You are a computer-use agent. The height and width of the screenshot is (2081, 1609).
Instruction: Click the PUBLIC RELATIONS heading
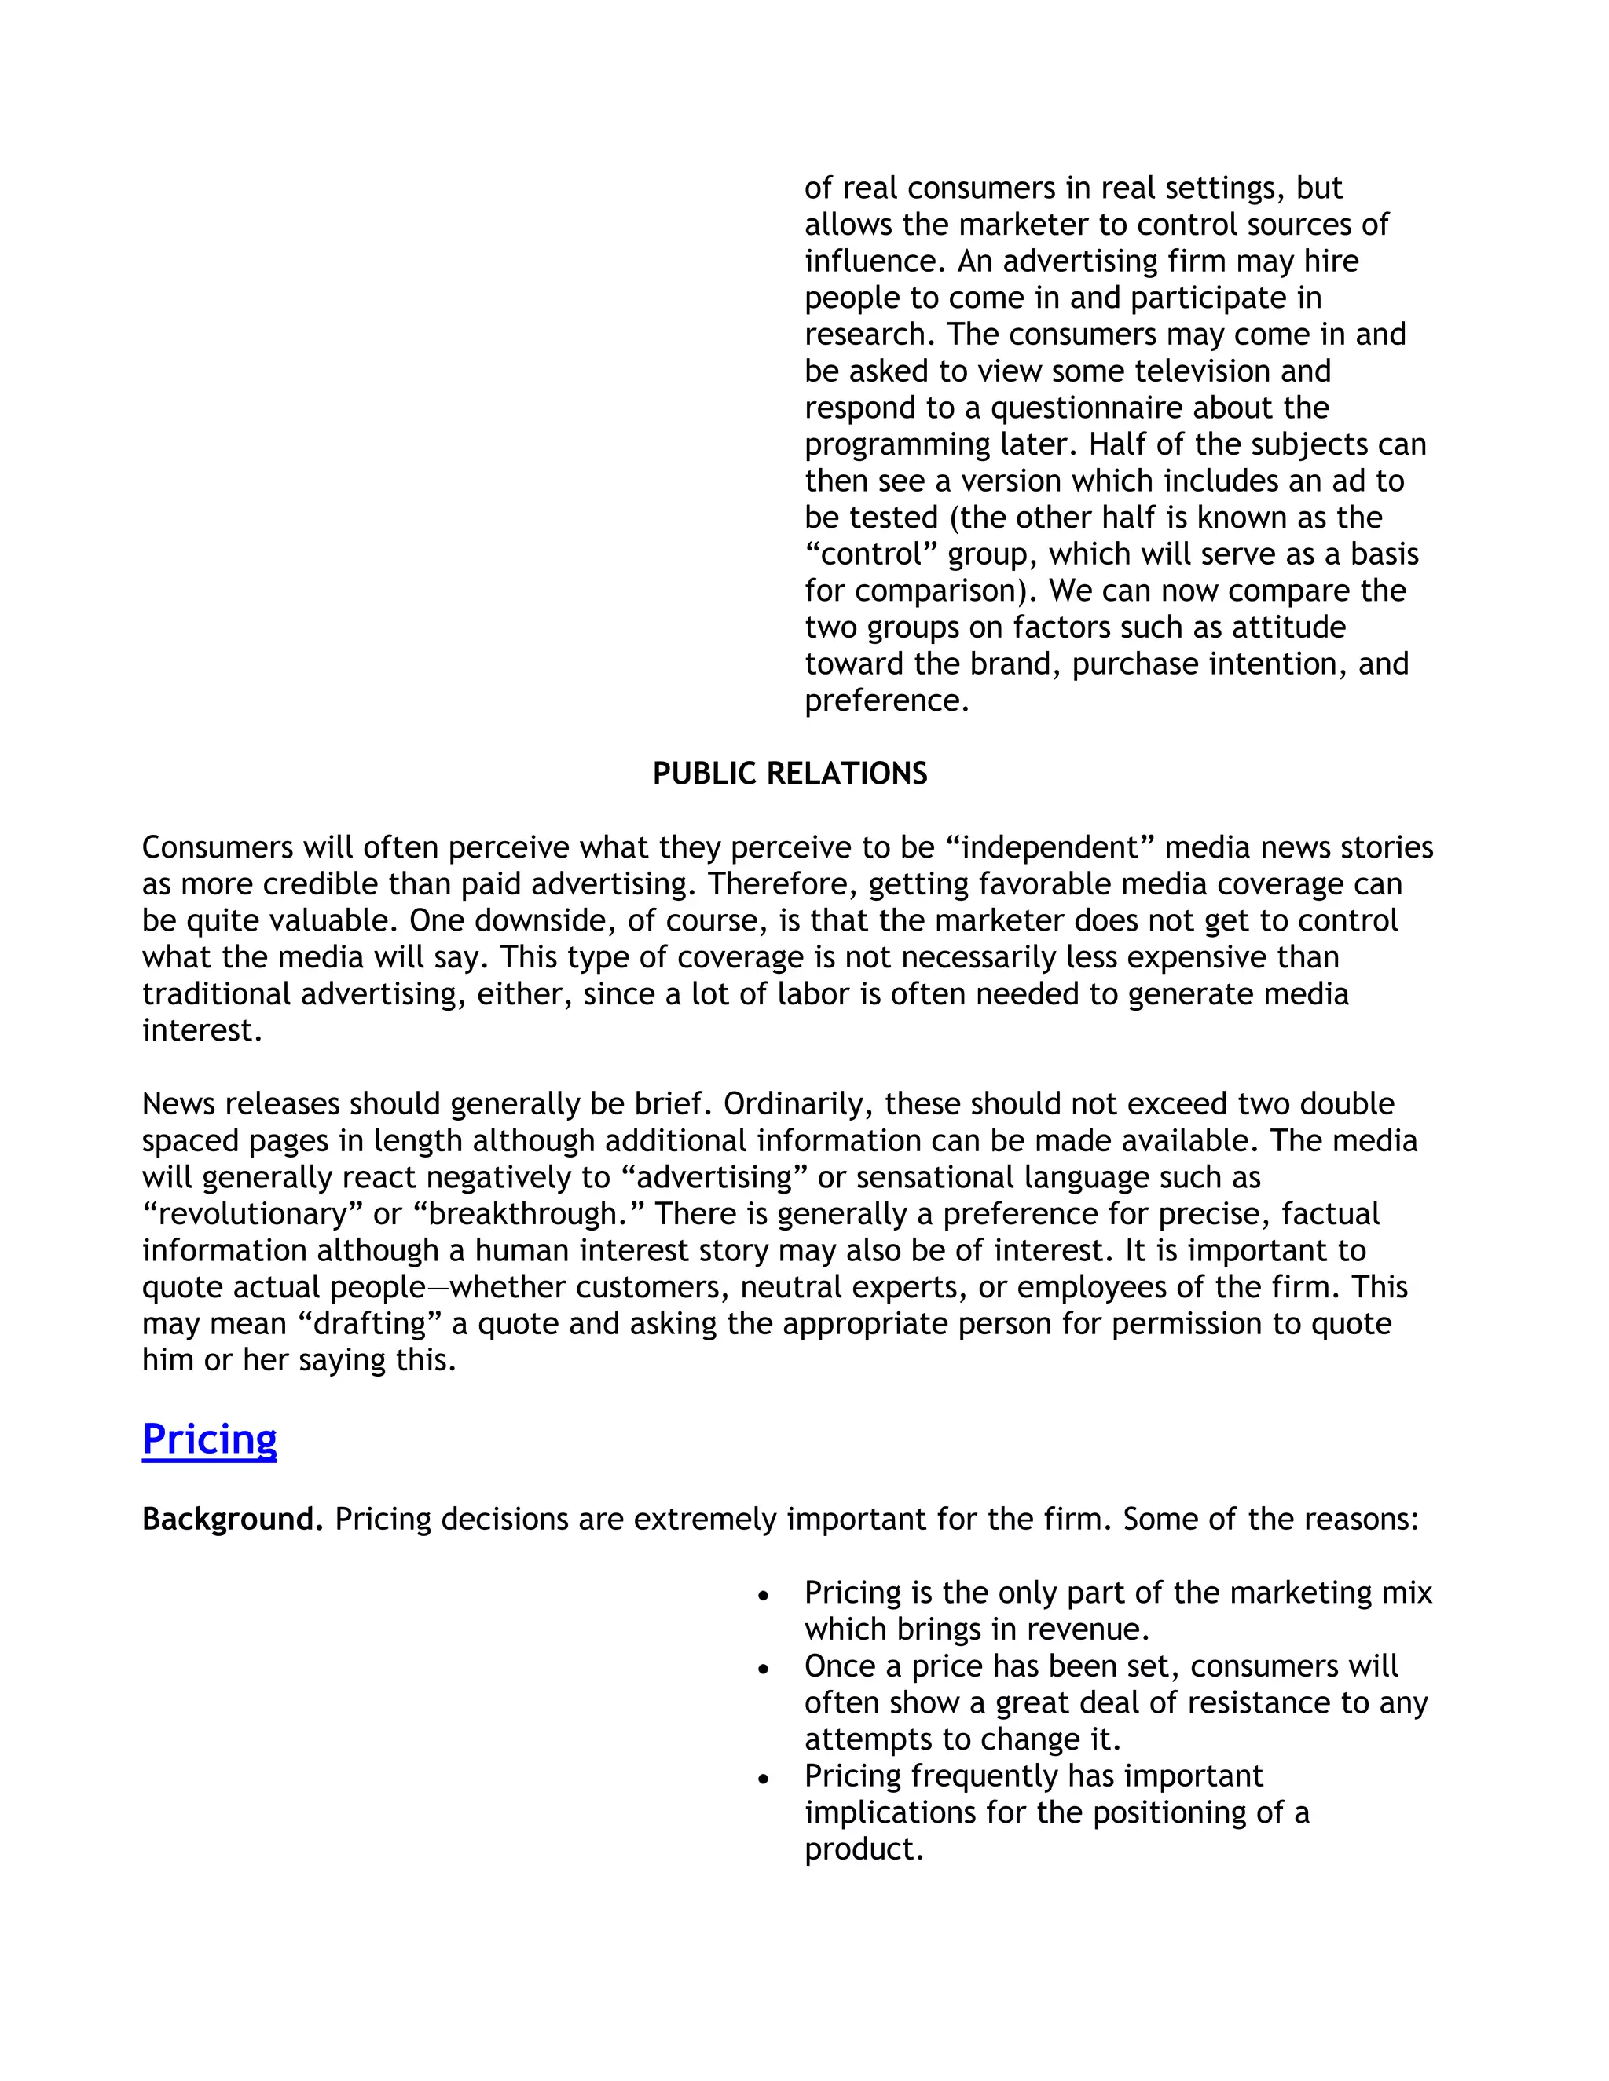(790, 773)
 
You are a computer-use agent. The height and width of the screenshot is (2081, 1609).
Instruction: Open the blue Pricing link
(209, 1439)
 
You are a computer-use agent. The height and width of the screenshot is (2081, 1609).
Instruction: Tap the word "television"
(1199, 371)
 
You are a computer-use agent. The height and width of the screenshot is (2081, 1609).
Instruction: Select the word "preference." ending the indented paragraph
(886, 701)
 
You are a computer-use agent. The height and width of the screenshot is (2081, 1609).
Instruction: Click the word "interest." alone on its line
(202, 1031)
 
